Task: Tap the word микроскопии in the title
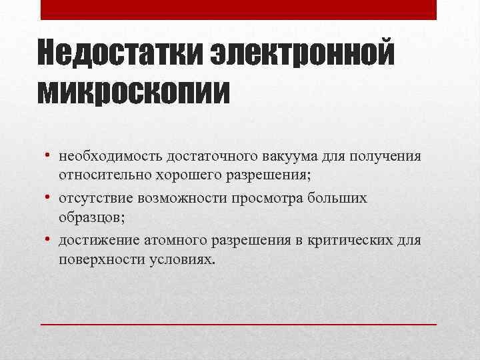click(x=134, y=91)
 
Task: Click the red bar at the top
click(x=239, y=9)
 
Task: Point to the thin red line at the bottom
click(x=239, y=323)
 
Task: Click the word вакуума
click(x=279, y=157)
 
